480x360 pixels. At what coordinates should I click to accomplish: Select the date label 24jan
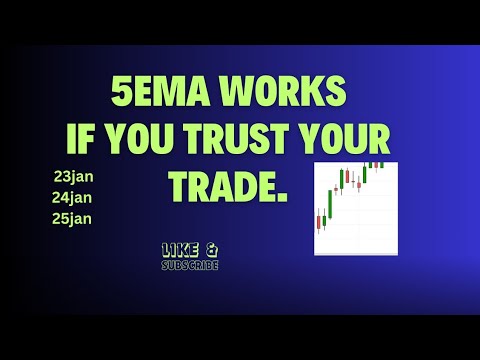click(71, 196)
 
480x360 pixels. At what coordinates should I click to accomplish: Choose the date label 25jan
click(71, 217)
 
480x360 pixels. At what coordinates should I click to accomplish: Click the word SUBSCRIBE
click(190, 265)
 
